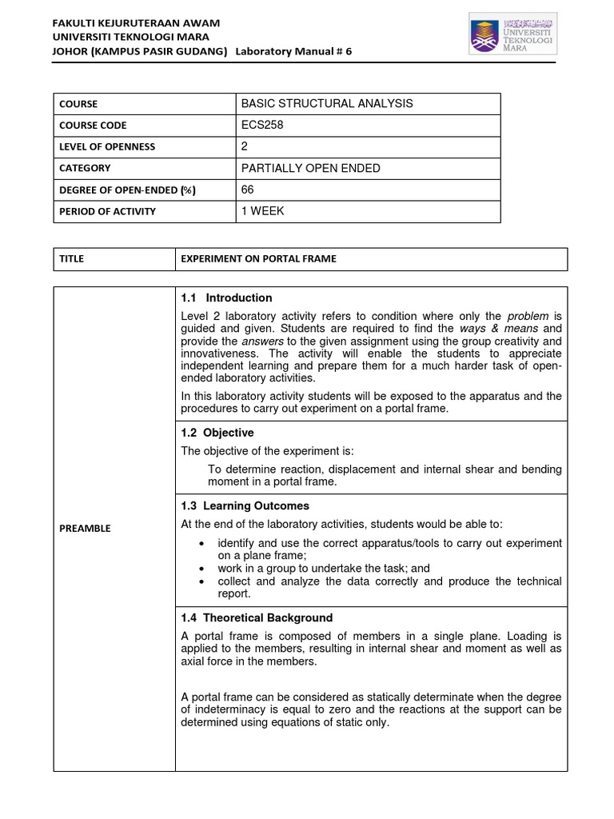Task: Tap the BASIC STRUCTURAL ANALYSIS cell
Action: [x=326, y=104]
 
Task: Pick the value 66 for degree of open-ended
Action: [x=247, y=190]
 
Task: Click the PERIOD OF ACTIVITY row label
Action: [x=108, y=212]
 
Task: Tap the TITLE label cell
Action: [x=71, y=259]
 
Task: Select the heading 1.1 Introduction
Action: [x=227, y=298]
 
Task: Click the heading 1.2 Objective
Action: [x=217, y=433]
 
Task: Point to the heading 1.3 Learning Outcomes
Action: [x=245, y=506]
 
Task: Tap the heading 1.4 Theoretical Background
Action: [x=257, y=618]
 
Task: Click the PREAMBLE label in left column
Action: [x=86, y=529]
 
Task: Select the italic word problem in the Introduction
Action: [x=528, y=316]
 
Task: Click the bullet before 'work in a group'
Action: [x=200, y=569]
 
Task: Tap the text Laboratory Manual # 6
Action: [x=293, y=51]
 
